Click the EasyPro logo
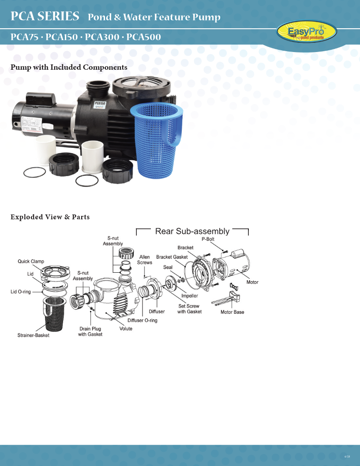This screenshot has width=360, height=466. (x=307, y=32)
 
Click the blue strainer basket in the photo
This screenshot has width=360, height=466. (x=158, y=141)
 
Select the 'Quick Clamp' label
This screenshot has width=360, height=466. (x=31, y=261)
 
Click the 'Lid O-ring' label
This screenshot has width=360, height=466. (x=21, y=292)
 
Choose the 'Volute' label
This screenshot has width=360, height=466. (x=126, y=328)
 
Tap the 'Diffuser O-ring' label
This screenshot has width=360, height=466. (x=142, y=320)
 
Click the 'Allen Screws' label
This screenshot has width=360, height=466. (x=145, y=259)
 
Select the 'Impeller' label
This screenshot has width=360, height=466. (x=190, y=296)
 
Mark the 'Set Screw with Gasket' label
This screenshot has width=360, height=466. (x=189, y=309)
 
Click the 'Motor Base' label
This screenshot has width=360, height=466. (x=232, y=312)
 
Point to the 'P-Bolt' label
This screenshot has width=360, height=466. (x=208, y=239)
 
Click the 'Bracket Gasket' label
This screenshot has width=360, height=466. (x=172, y=257)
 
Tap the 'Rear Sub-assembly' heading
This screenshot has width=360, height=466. (x=192, y=231)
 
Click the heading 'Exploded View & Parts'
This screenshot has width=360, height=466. (x=50, y=217)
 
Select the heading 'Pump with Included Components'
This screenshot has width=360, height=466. (x=69, y=67)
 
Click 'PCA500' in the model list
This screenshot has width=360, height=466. (x=143, y=37)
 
